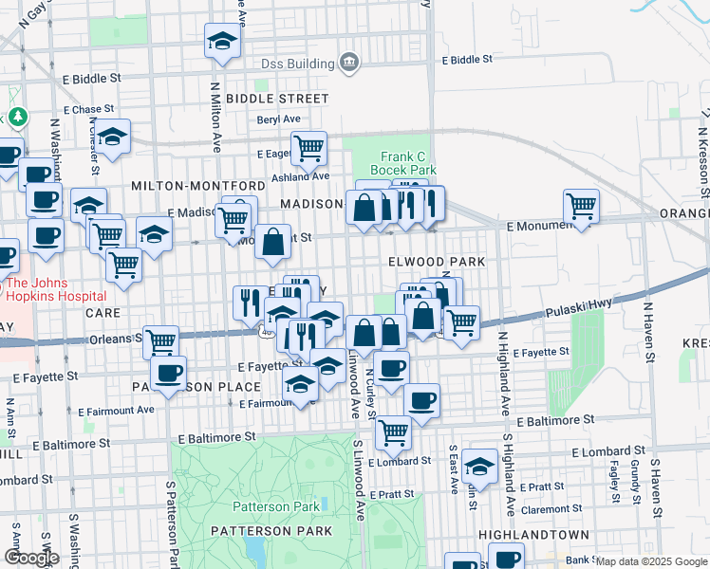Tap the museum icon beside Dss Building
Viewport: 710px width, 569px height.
pos(349,64)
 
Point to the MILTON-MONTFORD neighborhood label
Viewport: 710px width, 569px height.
pos(197,186)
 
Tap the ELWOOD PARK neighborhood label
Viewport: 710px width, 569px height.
pos(437,261)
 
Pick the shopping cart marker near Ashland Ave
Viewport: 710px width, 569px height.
pos(308,148)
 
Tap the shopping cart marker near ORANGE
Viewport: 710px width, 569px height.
pos(580,206)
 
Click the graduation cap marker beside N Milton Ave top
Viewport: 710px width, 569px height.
pos(222,41)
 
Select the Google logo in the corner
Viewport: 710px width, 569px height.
pos(31,558)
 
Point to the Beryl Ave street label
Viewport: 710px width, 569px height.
pos(278,119)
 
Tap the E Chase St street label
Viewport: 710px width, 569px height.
pos(87,110)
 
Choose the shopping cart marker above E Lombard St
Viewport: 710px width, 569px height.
pos(393,432)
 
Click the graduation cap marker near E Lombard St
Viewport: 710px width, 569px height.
pos(480,468)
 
